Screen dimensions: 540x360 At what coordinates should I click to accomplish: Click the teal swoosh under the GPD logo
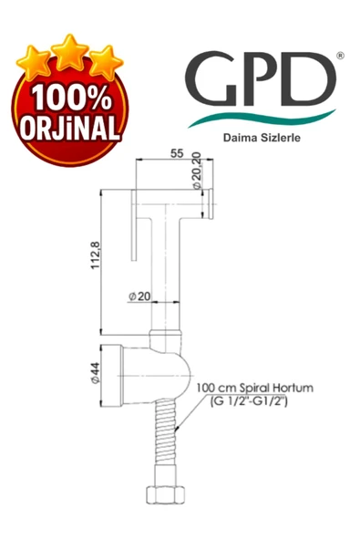coord(264,119)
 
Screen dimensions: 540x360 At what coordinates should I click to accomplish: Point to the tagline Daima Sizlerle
coord(262,140)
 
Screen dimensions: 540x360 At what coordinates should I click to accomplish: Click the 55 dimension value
coord(174,155)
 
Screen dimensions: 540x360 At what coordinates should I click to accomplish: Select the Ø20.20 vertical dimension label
coord(196,172)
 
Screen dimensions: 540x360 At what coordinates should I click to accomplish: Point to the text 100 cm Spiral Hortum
coord(254,388)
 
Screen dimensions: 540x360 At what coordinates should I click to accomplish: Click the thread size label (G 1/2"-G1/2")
coord(248,400)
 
